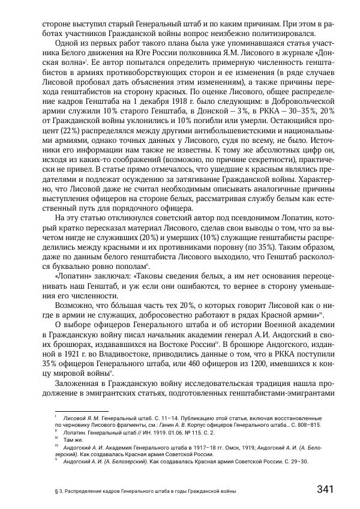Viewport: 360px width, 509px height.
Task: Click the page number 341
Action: point(324,489)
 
